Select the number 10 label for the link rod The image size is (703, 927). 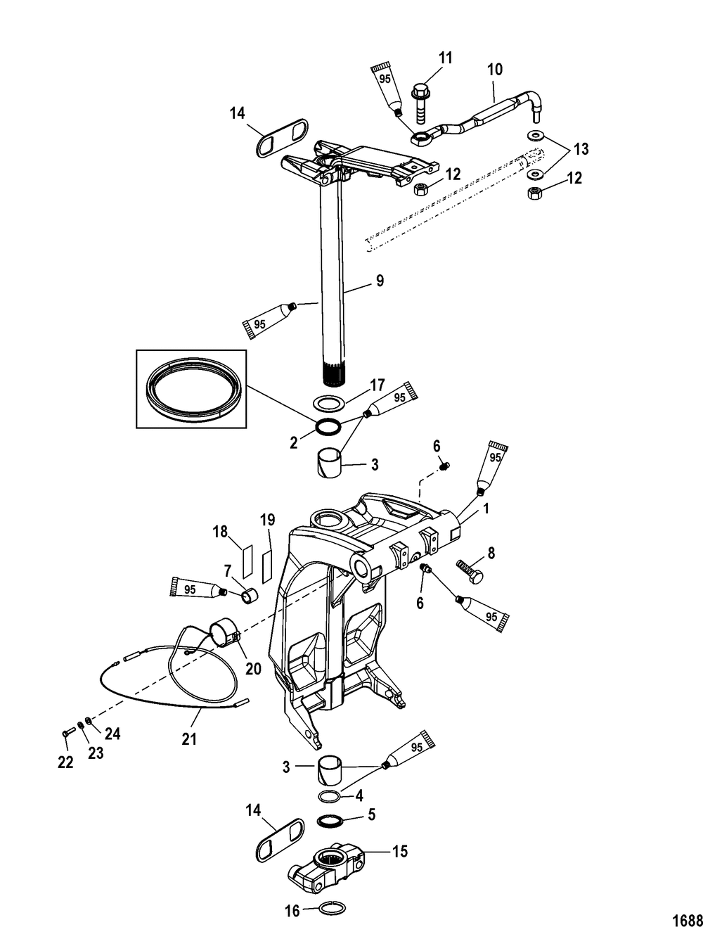(495, 69)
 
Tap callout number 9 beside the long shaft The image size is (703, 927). (380, 281)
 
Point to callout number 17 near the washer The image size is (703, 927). (378, 385)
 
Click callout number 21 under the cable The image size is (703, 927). (189, 739)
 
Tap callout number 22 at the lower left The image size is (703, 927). (65, 762)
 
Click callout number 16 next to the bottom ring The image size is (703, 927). (292, 911)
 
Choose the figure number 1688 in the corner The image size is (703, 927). (686, 919)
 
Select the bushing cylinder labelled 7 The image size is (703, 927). (250, 596)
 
